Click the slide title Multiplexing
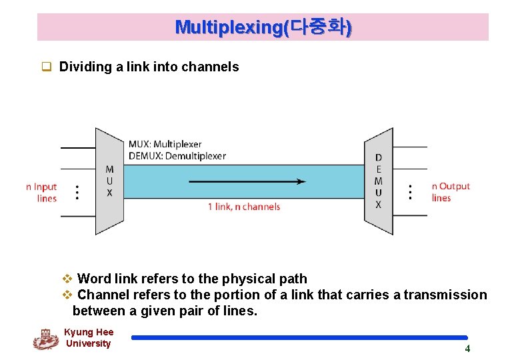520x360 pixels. [x=263, y=27]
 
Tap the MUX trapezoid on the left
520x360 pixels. [x=109, y=181]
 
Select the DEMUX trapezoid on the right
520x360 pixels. [x=378, y=181]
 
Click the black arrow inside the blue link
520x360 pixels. [x=247, y=181]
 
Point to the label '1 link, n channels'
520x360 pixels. [x=244, y=207]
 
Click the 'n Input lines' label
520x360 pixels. [x=42, y=193]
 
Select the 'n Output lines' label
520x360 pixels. [x=451, y=192]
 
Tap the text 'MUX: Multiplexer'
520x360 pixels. [x=165, y=144]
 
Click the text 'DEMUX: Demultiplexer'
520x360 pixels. [x=177, y=156]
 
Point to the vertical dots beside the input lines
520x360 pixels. [x=78, y=192]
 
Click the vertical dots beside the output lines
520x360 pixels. [x=410, y=192]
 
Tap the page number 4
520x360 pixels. [x=467, y=349]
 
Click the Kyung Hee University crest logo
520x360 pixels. [x=45, y=339]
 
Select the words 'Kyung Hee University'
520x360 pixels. [x=89, y=338]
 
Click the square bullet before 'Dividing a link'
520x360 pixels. [x=47, y=67]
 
